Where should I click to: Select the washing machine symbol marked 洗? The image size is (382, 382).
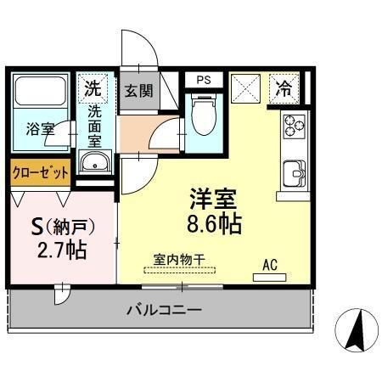pos(93,87)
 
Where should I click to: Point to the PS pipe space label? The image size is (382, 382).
pos(203,80)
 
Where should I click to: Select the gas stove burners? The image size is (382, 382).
pos(295,126)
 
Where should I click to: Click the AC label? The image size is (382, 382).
pos(270,264)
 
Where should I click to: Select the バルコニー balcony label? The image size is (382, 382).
pos(164,311)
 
